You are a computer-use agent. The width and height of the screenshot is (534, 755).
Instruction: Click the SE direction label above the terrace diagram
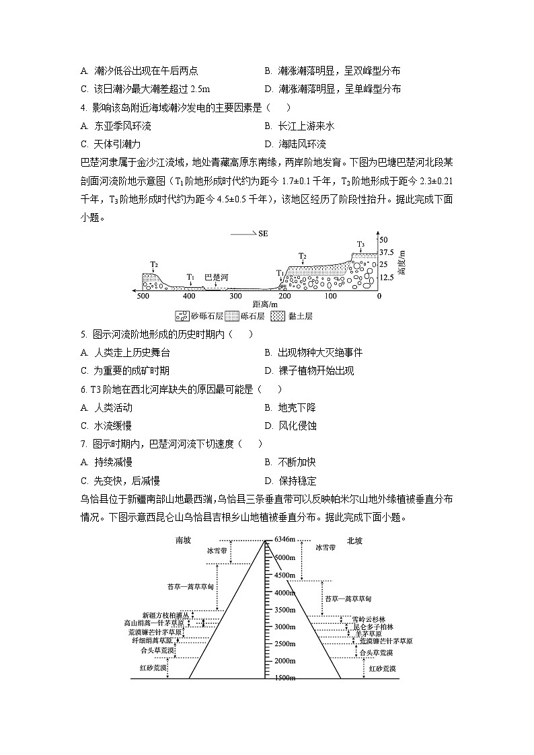click(262, 233)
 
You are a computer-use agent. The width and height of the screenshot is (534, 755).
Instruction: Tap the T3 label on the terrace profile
click(360, 244)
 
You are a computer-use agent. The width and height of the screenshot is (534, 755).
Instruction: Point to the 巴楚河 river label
click(217, 276)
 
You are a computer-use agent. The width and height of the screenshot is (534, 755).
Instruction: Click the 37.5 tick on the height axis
click(385, 252)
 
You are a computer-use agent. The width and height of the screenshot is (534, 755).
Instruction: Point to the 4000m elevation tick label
click(284, 592)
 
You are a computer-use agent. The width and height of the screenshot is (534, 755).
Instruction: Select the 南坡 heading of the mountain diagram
click(184, 540)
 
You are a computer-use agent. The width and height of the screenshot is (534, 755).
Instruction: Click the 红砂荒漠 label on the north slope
click(382, 668)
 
